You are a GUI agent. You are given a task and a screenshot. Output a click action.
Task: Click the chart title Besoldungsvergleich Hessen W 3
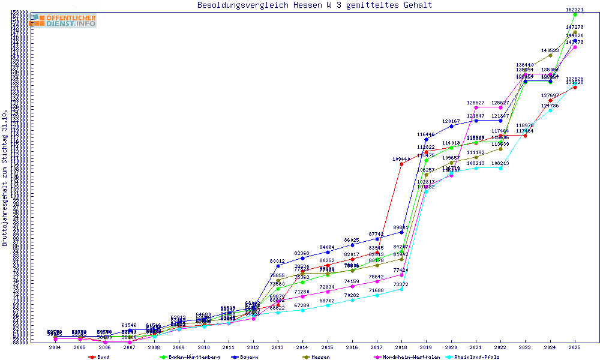coord(314,5)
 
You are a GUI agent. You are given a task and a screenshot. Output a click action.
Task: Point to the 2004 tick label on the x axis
coord(55,347)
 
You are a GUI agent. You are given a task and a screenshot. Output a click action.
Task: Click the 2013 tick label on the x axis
coord(278,347)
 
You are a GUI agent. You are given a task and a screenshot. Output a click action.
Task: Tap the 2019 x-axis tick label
coord(426,347)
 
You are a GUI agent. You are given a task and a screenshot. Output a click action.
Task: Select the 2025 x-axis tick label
coord(575,347)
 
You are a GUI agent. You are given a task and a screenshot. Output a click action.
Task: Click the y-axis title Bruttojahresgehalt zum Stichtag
coord(5,178)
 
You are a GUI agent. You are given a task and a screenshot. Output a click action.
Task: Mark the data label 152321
coord(575,10)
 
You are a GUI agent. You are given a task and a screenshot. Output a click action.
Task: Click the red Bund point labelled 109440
coord(401,164)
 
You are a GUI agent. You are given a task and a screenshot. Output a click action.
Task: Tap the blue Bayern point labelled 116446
coord(426,139)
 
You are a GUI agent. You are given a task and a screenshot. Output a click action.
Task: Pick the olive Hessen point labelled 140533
coord(550,55)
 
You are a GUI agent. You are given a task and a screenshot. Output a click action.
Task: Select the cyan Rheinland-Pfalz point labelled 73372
coord(401,289)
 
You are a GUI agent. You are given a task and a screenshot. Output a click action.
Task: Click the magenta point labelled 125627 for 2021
coord(476,107)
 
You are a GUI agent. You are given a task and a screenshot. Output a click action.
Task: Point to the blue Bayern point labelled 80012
coord(278,266)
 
